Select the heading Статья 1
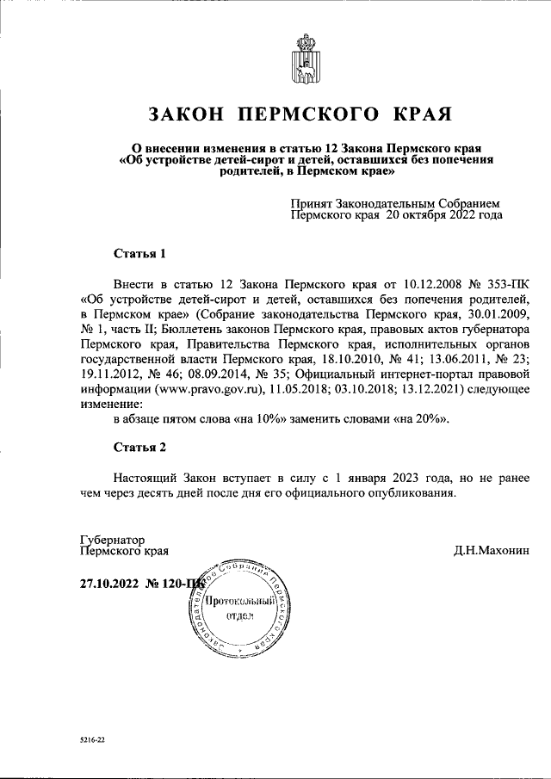(x=139, y=254)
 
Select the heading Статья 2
(x=139, y=447)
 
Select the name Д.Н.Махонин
(x=492, y=550)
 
